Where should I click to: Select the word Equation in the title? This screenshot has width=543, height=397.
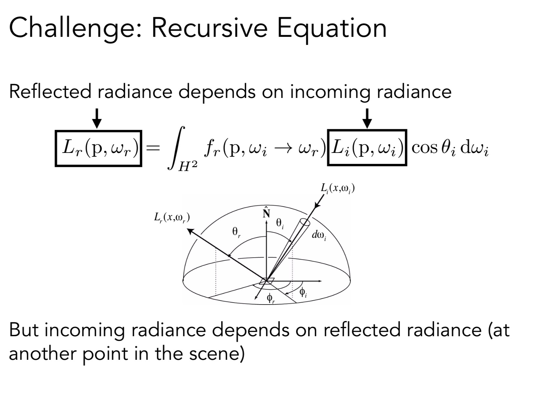tap(332, 28)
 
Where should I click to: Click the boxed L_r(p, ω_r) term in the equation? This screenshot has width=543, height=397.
tap(98, 148)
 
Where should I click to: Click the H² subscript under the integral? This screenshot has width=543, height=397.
tap(188, 168)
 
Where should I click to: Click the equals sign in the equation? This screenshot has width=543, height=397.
tap(152, 148)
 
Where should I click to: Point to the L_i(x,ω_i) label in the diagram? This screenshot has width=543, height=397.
tap(338, 188)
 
